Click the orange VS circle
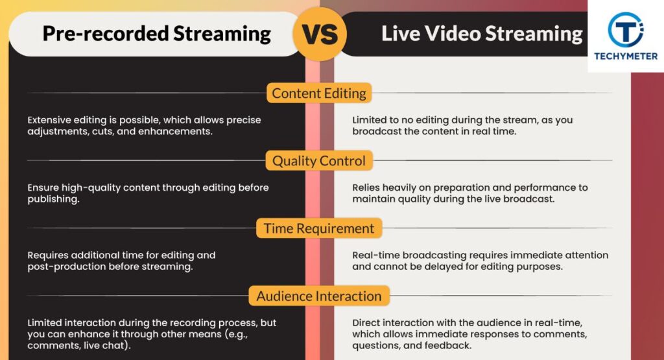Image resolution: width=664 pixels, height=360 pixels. [320, 34]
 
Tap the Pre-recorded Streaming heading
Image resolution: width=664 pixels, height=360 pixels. [156, 34]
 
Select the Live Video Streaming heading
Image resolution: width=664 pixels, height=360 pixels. [482, 34]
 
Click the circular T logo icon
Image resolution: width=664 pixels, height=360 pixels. [626, 30]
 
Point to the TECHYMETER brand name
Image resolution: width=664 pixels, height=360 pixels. [626, 56]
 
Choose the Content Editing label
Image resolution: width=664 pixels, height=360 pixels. [319, 93]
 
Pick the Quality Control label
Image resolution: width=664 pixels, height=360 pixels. [319, 161]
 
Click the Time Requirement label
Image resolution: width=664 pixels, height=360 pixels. [319, 228]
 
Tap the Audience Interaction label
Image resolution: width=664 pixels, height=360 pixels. [319, 296]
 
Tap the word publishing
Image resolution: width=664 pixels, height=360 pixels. [53, 199]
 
